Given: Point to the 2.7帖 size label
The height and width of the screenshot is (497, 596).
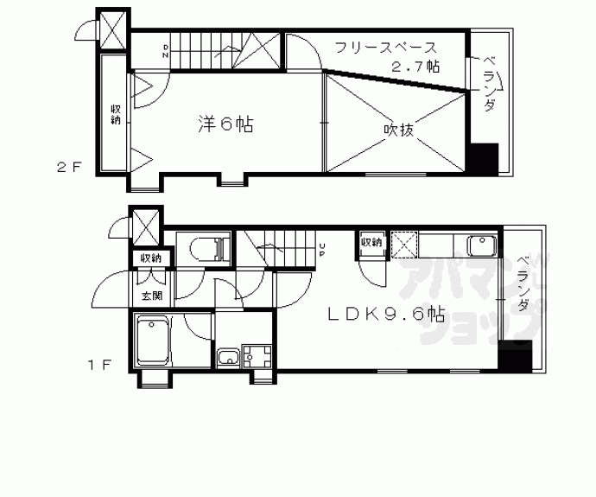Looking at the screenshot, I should click(415, 66).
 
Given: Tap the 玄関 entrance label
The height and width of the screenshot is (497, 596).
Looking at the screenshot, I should click(151, 296).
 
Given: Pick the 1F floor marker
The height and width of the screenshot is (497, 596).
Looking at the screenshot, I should click(99, 365).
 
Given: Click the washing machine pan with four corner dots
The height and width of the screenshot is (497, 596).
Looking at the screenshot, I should click(257, 356).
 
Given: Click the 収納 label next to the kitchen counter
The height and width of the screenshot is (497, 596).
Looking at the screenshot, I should click(371, 243).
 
